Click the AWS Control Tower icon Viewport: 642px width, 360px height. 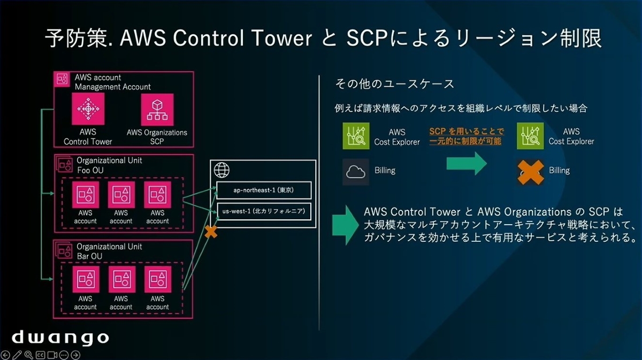[x=88, y=109]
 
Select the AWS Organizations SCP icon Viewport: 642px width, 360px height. [x=157, y=109]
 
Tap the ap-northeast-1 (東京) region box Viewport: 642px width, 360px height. [x=264, y=189]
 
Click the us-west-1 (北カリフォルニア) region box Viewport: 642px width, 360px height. [x=264, y=212]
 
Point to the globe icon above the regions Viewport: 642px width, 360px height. [x=222, y=171]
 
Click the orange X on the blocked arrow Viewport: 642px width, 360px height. [x=211, y=232]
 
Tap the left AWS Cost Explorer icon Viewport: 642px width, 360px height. [x=356, y=136]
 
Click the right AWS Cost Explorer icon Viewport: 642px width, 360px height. [x=530, y=136]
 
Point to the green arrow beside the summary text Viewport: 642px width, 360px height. [x=344, y=225]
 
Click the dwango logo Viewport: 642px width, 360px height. [x=60, y=338]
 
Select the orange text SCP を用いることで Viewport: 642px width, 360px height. [x=466, y=132]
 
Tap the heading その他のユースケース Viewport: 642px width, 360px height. [x=394, y=84]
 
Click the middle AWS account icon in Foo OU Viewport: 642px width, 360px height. [x=121, y=195]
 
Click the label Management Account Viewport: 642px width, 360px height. [x=113, y=87]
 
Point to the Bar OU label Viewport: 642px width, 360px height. [x=89, y=256]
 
